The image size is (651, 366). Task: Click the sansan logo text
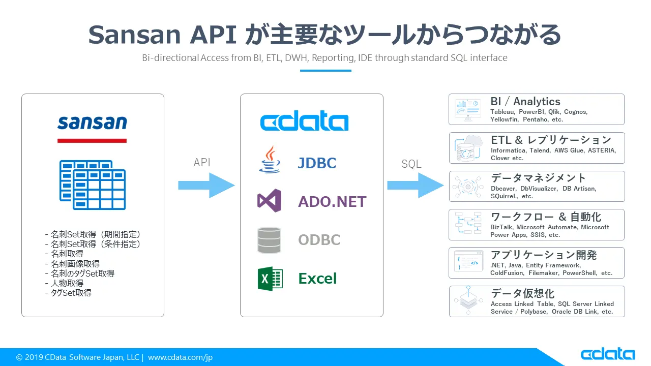point(92,123)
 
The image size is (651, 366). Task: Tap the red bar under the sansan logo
point(92,140)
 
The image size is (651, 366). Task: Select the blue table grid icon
point(93,185)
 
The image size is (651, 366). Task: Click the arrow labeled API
point(206,185)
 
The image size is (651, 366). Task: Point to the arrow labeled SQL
point(415,185)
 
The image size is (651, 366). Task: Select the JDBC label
point(317,163)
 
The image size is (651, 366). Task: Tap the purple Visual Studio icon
point(269,201)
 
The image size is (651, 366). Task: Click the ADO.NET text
point(332,202)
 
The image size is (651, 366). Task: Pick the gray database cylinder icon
point(269,240)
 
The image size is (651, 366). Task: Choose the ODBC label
point(319,240)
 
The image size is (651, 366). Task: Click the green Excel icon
point(270,279)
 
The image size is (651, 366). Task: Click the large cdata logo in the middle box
point(304,123)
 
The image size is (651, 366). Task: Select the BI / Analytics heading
point(525,102)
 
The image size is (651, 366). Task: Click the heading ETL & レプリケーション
point(551,140)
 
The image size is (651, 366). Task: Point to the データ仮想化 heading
point(522,293)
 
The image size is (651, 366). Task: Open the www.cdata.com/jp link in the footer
point(180,357)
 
